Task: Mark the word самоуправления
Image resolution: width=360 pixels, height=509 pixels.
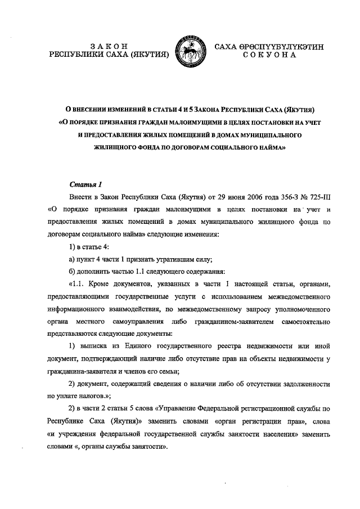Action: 154,322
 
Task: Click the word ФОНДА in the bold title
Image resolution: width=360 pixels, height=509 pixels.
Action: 138,149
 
